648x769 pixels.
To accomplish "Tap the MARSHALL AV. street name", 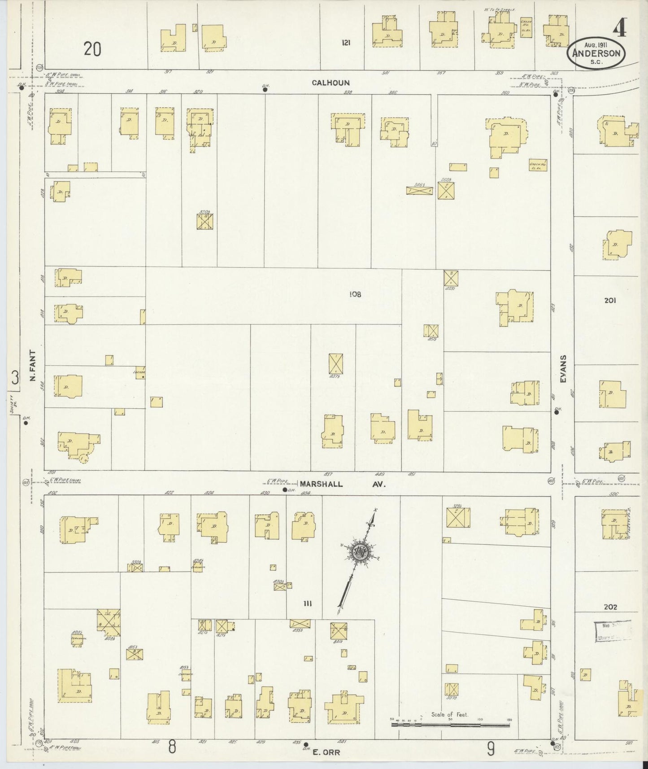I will coord(343,484).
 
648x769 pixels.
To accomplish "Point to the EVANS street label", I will coord(563,369).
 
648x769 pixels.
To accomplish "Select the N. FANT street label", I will coord(32,366).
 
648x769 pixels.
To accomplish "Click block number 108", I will coord(356,295).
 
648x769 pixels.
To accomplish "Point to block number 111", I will coord(307,604).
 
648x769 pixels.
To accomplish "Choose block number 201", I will coord(609,301).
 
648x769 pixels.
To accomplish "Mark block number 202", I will coord(610,607).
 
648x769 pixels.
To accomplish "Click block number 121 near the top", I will coord(346,43).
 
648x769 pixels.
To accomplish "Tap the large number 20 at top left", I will coord(92,49).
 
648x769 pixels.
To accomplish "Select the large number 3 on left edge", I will coord(15,378).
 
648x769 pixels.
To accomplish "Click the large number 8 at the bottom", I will coord(171,747).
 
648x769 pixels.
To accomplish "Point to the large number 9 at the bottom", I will coord(491,747).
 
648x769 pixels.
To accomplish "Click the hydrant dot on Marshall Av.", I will coord(285,490).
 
